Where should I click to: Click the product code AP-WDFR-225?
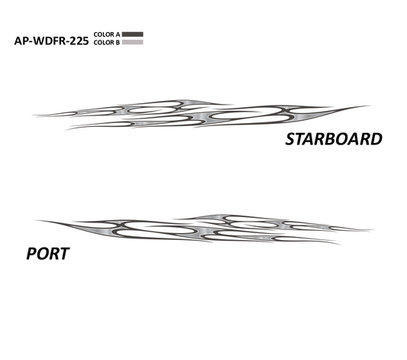pyautogui.click(x=51, y=41)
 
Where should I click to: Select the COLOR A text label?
pyautogui.click(x=107, y=34)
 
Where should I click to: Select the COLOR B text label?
pyautogui.click(x=107, y=42)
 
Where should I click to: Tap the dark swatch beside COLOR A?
pyautogui.click(x=133, y=34)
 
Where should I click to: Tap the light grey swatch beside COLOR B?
pyautogui.click(x=133, y=42)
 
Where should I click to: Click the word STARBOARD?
pyautogui.click(x=334, y=139)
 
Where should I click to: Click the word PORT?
pyautogui.click(x=48, y=254)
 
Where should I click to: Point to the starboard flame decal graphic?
pyautogui.click(x=202, y=115)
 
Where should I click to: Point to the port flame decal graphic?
pyautogui.click(x=205, y=229)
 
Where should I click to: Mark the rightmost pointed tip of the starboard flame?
pyautogui.click(x=371, y=105)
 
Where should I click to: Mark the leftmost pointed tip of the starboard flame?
pyautogui.click(x=32, y=115)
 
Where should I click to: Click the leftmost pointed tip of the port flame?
pyautogui.click(x=35, y=221)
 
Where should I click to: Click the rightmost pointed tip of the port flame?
pyautogui.click(x=373, y=229)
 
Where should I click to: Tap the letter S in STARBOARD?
pyautogui.click(x=290, y=139)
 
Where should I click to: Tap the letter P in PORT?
pyautogui.click(x=31, y=254)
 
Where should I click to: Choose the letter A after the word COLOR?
pyautogui.click(x=118, y=34)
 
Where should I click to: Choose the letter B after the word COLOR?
pyautogui.click(x=118, y=42)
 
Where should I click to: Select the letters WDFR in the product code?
pyautogui.click(x=49, y=41)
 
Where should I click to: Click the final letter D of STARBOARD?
pyautogui.click(x=376, y=139)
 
